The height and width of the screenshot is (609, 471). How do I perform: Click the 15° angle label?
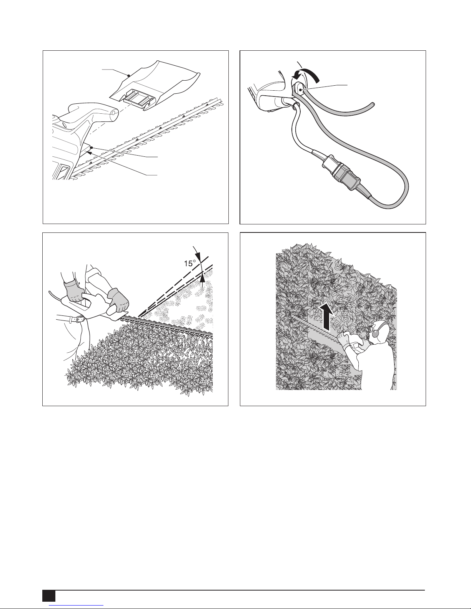pos(190,263)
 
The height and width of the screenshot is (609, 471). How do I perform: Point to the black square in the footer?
pos(49,598)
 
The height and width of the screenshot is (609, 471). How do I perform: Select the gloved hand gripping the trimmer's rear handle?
pos(74,292)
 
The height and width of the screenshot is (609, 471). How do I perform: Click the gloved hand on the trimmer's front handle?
pos(118,300)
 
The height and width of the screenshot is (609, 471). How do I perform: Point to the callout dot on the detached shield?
pos(128,75)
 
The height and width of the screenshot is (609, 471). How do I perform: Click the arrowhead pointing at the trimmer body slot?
pos(90,153)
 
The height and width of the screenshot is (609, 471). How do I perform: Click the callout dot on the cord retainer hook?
pos(301,90)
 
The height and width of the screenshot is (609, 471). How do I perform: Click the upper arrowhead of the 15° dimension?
pos(198,256)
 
